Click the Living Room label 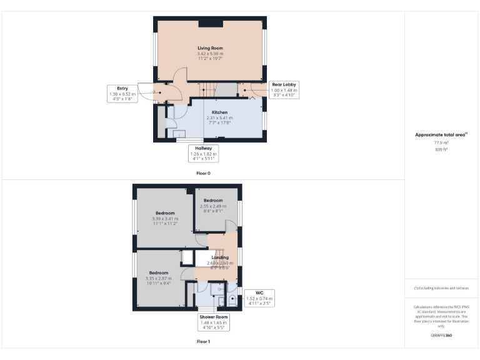point(210,48)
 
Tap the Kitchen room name point(219,112)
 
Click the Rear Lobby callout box point(284,90)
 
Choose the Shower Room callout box point(214,322)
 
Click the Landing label point(219,257)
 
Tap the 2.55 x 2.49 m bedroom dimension point(213,206)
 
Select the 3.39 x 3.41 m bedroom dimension point(165,219)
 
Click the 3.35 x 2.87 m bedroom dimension point(157,278)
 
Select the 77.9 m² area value point(442,143)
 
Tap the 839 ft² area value point(442,149)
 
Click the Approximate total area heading point(441,134)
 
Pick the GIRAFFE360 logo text point(441,336)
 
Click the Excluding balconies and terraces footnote point(441,287)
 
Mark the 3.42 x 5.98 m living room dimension point(210,54)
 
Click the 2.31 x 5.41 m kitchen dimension point(219,117)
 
